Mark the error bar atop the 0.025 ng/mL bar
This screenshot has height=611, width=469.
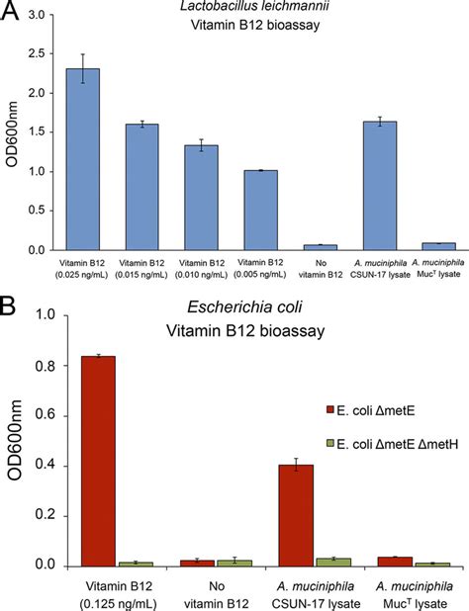(89, 68)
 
